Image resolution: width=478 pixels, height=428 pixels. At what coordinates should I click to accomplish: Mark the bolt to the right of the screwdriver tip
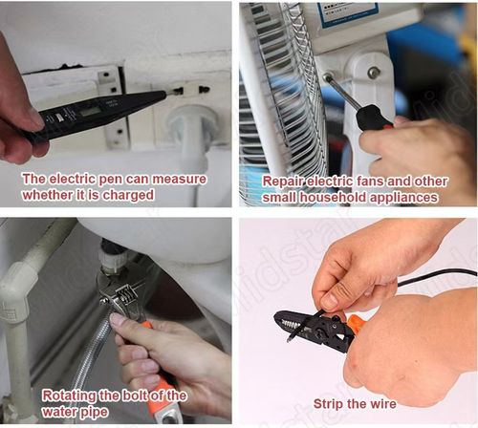[x=373, y=74]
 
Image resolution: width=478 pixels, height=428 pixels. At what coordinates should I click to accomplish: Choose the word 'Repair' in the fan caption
[x=284, y=180]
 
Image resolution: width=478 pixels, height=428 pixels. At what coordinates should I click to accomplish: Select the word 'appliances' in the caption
[x=402, y=196]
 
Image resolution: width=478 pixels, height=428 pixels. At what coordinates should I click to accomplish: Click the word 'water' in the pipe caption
[x=63, y=412]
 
